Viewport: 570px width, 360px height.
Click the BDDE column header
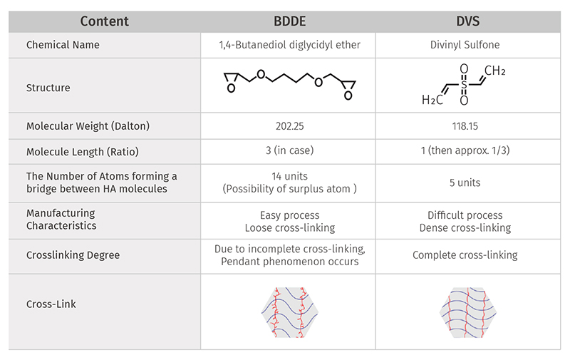(289, 21)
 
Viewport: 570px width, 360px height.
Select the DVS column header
(467, 21)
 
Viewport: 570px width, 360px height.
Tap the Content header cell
(104, 21)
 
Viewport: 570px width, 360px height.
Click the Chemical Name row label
(63, 45)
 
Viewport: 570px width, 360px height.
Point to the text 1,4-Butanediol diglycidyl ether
(289, 45)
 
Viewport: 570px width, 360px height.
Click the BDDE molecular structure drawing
(289, 85)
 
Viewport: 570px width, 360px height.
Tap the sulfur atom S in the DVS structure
(464, 85)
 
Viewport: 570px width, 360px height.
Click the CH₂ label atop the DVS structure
(494, 70)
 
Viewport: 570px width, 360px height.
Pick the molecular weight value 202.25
(289, 126)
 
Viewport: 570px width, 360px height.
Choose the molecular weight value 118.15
(465, 126)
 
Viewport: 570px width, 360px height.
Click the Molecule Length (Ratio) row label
(82, 151)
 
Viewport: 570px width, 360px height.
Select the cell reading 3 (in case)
(289, 150)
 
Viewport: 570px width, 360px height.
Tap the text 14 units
(289, 176)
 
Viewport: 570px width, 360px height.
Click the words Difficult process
(465, 215)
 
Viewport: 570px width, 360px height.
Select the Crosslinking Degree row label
(73, 255)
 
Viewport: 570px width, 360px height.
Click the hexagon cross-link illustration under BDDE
(290, 312)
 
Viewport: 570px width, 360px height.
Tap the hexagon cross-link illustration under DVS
(468, 312)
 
